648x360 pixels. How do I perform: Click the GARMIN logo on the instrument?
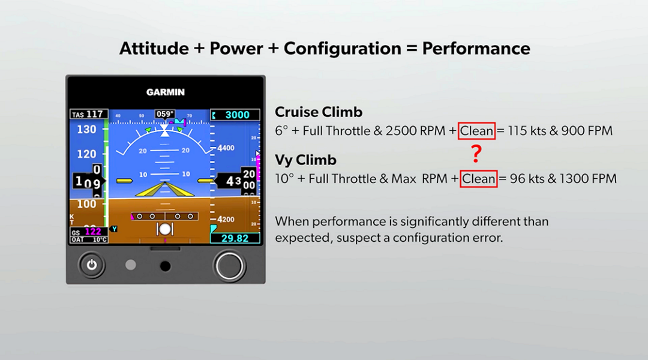(x=165, y=92)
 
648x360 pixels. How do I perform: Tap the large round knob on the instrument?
(x=229, y=265)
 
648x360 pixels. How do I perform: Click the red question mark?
(x=476, y=154)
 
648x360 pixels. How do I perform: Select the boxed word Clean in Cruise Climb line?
(x=477, y=131)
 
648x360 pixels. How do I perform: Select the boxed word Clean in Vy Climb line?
(x=479, y=179)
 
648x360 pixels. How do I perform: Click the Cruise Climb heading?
(x=318, y=112)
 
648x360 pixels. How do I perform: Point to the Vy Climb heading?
(x=305, y=160)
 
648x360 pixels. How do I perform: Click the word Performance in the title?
(x=476, y=49)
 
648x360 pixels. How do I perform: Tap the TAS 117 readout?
(x=88, y=114)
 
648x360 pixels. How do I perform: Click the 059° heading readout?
(x=164, y=114)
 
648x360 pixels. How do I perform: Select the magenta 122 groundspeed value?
(x=92, y=232)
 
